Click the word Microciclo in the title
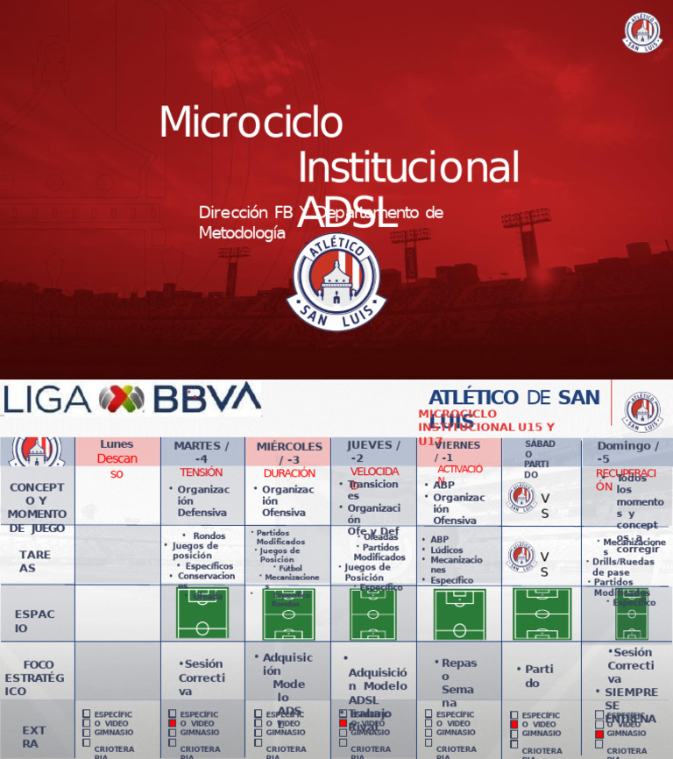tap(251, 122)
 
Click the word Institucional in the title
tap(408, 167)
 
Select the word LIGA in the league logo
tap(47, 400)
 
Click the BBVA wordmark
tap(207, 398)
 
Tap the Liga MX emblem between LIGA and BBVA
tap(122, 400)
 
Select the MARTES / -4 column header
tap(202, 452)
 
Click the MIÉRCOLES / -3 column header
tap(289, 453)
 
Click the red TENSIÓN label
tap(201, 472)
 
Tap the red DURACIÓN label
tap(289, 473)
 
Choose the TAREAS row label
tap(35, 561)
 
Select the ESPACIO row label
tap(35, 621)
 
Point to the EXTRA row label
tap(34, 736)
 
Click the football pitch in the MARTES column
tap(202, 613)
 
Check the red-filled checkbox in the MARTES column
tap(173, 723)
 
